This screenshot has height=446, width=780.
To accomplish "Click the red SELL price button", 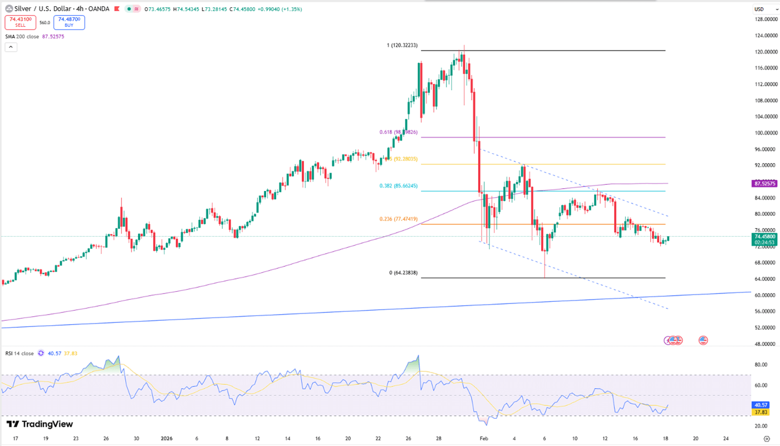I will (x=21, y=22).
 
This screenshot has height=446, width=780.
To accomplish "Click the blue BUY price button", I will (x=69, y=22).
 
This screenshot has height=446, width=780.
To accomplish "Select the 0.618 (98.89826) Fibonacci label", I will (x=398, y=133).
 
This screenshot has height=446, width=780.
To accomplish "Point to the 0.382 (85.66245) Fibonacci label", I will (x=398, y=186).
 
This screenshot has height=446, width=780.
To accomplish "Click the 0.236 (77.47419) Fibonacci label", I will (x=398, y=219).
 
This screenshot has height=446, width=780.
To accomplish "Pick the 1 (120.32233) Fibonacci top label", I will (x=402, y=45).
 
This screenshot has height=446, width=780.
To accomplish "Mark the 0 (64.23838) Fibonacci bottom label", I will (x=403, y=273).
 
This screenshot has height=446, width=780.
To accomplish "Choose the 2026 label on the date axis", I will (x=166, y=438).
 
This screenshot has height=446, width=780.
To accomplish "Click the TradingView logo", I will (x=40, y=424).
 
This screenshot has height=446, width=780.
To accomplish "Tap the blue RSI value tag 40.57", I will (x=761, y=405).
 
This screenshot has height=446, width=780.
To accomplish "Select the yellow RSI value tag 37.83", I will (x=761, y=412).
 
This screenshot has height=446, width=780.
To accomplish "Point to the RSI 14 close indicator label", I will (x=19, y=354).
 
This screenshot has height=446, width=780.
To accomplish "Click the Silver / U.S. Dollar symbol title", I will (x=42, y=9).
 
